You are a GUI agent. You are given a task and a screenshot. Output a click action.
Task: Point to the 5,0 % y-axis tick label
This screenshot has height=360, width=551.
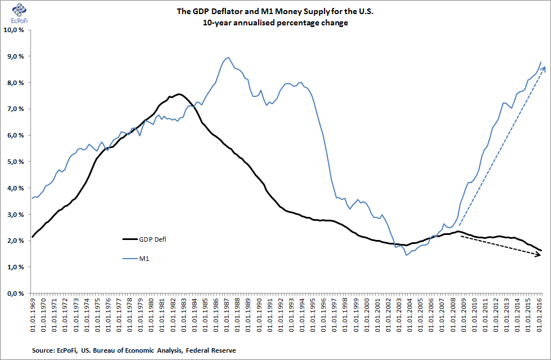click(16, 162)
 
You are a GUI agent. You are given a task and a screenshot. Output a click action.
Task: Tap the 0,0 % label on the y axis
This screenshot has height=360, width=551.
click(16, 294)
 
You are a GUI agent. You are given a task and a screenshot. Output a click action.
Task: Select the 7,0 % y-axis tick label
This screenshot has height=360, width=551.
click(16, 109)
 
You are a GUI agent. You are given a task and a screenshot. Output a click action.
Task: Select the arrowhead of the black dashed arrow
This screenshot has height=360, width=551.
click(542, 256)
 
